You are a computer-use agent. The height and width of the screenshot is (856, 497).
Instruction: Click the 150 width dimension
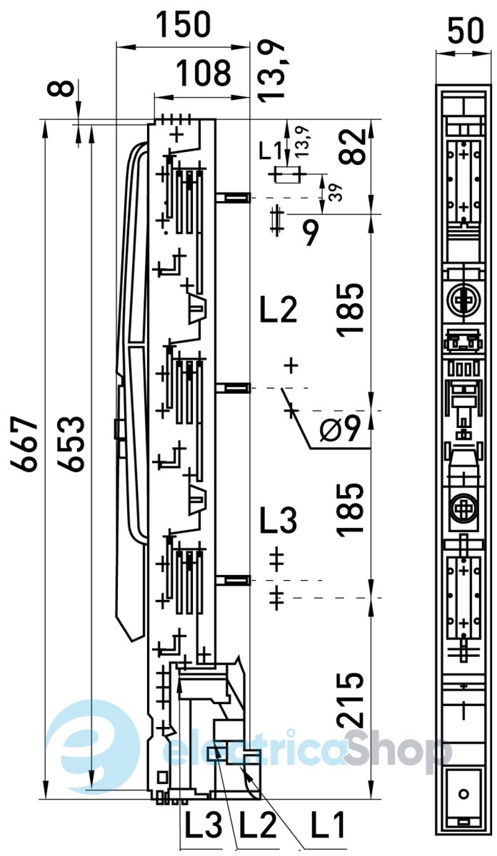(184, 24)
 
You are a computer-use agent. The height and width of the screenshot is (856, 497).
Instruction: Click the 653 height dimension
(71, 443)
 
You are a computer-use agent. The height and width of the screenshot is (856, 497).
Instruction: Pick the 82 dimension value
(352, 147)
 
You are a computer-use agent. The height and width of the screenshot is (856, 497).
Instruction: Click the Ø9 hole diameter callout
(340, 429)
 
